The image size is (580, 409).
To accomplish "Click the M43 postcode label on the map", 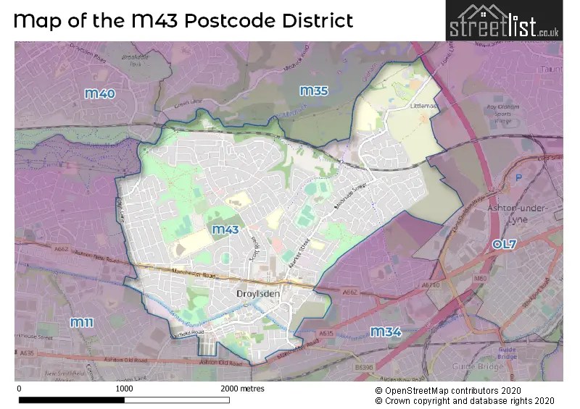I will pyautogui.click(x=225, y=229).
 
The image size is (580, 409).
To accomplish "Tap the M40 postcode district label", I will pyautogui.click(x=99, y=93).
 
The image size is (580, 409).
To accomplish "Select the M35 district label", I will pyautogui.click(x=314, y=90).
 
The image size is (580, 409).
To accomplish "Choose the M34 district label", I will pyautogui.click(x=386, y=332).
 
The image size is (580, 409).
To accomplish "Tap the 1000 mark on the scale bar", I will pyautogui.click(x=124, y=389).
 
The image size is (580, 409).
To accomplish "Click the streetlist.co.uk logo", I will pyautogui.click(x=504, y=22).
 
